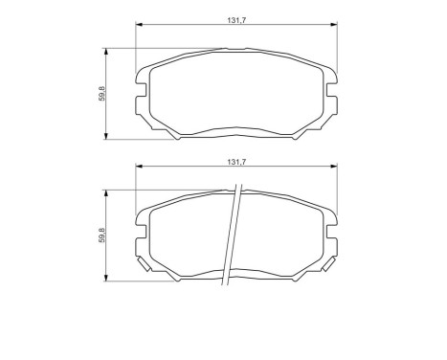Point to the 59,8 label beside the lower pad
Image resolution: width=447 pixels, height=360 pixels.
pos(101,234)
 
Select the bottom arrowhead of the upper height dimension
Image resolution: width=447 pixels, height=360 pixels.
pos(106,137)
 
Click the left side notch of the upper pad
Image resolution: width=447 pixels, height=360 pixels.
pos(141,95)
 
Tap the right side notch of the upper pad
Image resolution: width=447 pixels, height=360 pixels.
pos(336,95)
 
